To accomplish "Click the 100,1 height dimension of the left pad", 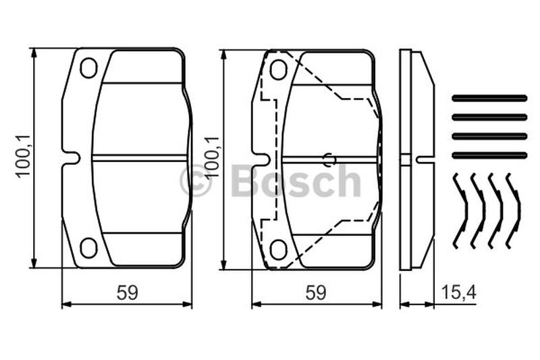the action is click(24, 156).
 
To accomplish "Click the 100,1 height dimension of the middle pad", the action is click(212, 156).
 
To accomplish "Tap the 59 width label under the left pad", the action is click(127, 293).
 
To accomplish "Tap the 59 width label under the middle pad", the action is click(316, 293).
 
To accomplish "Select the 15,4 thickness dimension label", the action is click(459, 293).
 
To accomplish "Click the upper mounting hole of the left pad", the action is click(88, 68).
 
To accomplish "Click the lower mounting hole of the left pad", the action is click(88, 248).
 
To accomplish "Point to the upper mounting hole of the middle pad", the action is click(278, 70).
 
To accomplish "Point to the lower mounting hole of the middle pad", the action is click(278, 249).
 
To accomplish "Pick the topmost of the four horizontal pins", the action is click(489, 99).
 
